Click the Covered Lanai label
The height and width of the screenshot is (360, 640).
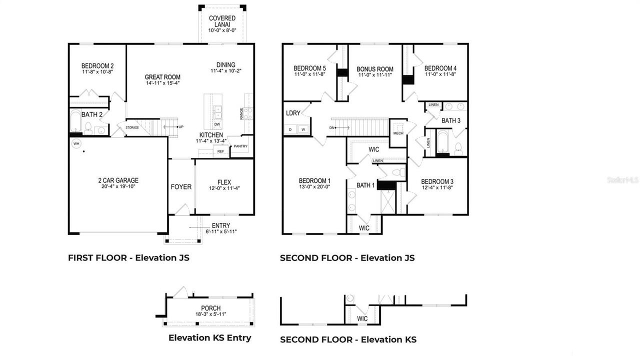222,21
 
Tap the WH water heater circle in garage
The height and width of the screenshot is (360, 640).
76,143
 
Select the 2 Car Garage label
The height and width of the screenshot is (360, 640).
118,180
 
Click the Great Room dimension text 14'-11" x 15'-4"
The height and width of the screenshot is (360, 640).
162,83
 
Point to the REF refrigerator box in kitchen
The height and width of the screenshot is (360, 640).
220,151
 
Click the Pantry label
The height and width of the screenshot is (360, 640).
240,146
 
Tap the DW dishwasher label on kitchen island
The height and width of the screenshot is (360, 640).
217,124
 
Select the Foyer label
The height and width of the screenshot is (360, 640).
181,187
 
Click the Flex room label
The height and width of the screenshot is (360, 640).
224,182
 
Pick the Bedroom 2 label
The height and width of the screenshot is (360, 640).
97,65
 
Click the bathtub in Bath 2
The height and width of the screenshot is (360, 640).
75,122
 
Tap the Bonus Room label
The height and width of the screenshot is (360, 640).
375,69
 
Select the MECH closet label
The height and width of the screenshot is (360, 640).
398,133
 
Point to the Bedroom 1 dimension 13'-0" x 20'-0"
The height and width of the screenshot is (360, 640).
314,186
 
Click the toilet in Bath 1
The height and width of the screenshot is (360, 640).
398,172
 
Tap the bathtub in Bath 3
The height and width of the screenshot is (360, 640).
443,143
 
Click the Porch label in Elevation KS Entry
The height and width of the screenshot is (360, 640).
210,308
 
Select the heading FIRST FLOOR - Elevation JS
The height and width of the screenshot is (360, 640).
128,258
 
